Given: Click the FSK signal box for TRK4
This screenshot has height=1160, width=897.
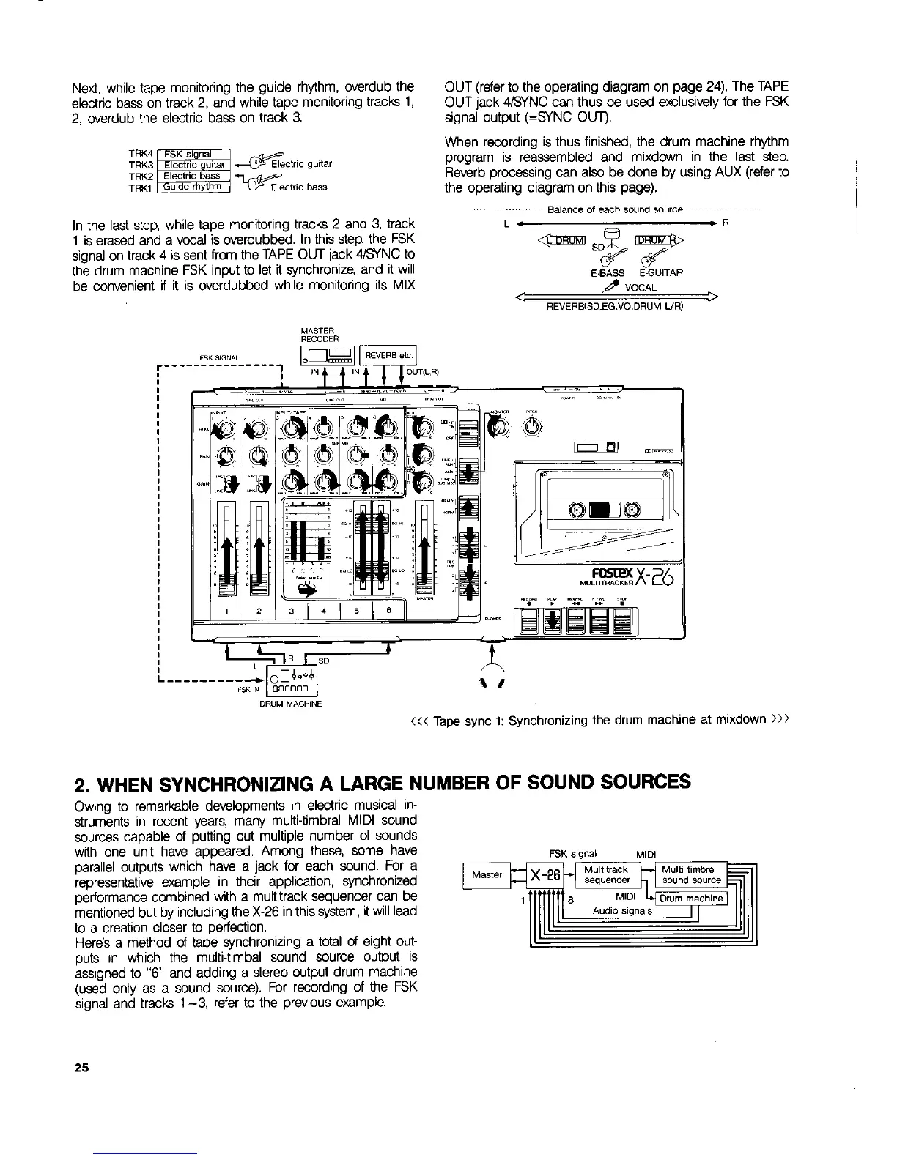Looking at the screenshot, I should [x=188, y=153].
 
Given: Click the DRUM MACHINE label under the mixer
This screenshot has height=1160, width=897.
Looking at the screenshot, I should [x=290, y=703].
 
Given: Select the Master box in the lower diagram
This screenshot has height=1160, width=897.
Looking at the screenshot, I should [x=487, y=874].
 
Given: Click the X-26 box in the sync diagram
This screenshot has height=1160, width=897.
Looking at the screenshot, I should [x=545, y=875].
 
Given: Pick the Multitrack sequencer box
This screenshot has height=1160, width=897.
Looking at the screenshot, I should [x=605, y=874].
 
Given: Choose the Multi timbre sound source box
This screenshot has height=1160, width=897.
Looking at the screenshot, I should [x=690, y=874].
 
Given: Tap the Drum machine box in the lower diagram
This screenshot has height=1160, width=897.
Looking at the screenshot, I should [x=691, y=899].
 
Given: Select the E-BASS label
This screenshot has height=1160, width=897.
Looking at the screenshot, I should [x=608, y=273].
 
